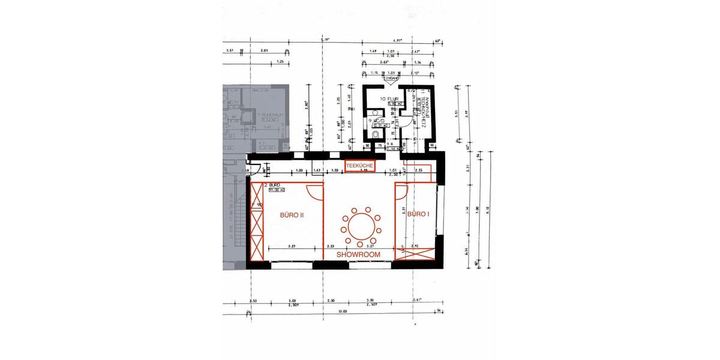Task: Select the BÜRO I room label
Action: pyautogui.click(x=418, y=214)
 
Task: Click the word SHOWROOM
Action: pyautogui.click(x=359, y=254)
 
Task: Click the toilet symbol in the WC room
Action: pyautogui.click(x=374, y=136)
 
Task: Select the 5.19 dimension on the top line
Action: pyautogui.click(x=326, y=40)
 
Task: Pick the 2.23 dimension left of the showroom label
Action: pyautogui.click(x=330, y=246)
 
